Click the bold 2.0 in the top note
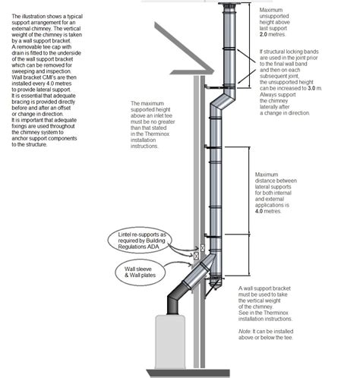tap(264, 34)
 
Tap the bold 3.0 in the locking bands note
tap(311, 89)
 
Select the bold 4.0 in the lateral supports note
tap(259, 211)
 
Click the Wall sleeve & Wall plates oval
tap(141, 272)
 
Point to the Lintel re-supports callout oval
tap(140, 241)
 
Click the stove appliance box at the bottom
tap(169, 342)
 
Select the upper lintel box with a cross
tap(203, 247)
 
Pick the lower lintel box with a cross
tap(196, 256)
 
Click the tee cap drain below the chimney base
tap(216, 285)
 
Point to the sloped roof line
tap(185, 47)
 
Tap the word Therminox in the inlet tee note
tap(157, 134)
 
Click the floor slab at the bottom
tap(188, 373)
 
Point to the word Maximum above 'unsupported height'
tap(271, 10)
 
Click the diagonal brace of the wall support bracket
tap(209, 289)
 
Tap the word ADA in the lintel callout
tap(153, 247)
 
